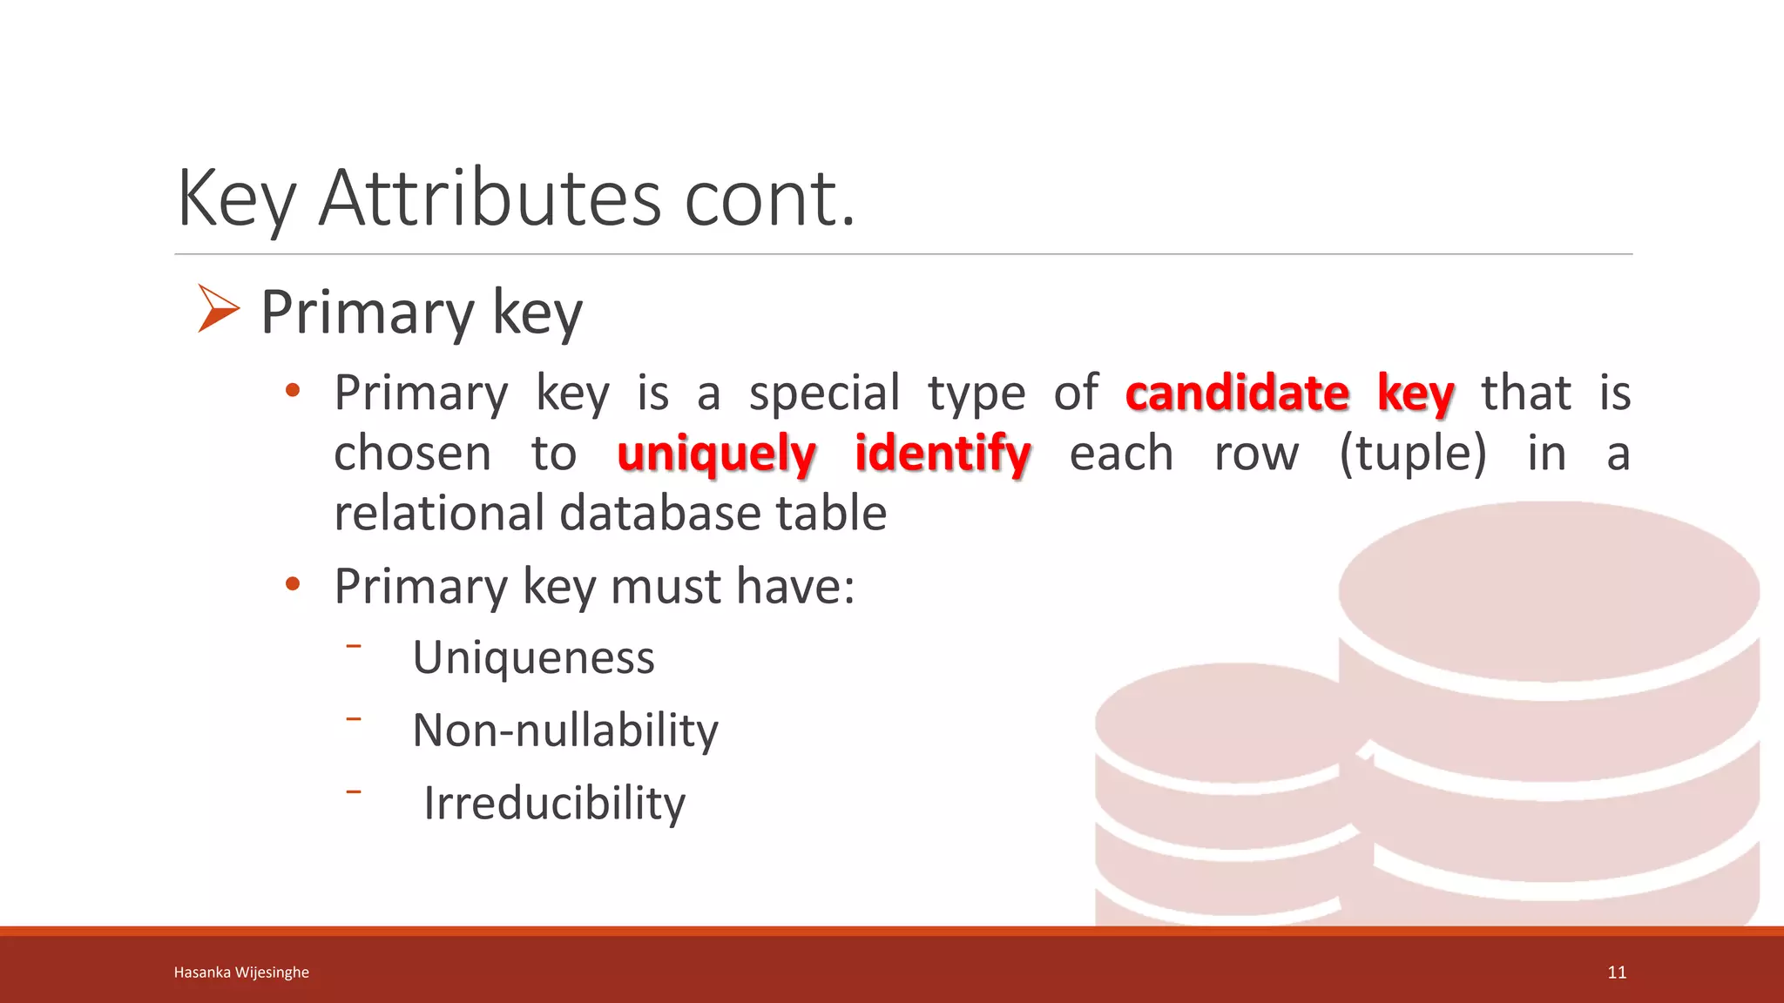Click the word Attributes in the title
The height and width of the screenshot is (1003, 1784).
click(x=490, y=199)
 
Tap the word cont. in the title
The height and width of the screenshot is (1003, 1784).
click(x=769, y=199)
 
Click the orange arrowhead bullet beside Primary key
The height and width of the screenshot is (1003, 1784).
click(x=217, y=309)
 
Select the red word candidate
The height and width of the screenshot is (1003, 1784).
click(x=1237, y=393)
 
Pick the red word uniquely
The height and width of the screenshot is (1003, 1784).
click(x=716, y=454)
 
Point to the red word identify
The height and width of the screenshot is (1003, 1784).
click(x=943, y=454)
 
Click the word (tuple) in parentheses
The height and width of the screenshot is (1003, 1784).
click(x=1412, y=454)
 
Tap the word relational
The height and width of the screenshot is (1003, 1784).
click(x=438, y=513)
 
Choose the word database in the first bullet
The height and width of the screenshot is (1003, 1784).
click(x=660, y=513)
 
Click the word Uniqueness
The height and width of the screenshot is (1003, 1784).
click(x=533, y=657)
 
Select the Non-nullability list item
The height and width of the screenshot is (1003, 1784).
click(x=565, y=730)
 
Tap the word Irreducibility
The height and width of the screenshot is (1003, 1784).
click(x=554, y=803)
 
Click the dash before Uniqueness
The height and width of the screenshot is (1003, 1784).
click(x=353, y=646)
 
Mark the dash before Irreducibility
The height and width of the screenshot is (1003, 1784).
click(x=353, y=791)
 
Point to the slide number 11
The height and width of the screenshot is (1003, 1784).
click(x=1617, y=973)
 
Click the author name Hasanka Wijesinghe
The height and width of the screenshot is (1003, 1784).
click(x=241, y=973)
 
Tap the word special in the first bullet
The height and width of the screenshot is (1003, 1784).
click(x=824, y=394)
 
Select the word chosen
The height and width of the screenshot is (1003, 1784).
click(x=413, y=454)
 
